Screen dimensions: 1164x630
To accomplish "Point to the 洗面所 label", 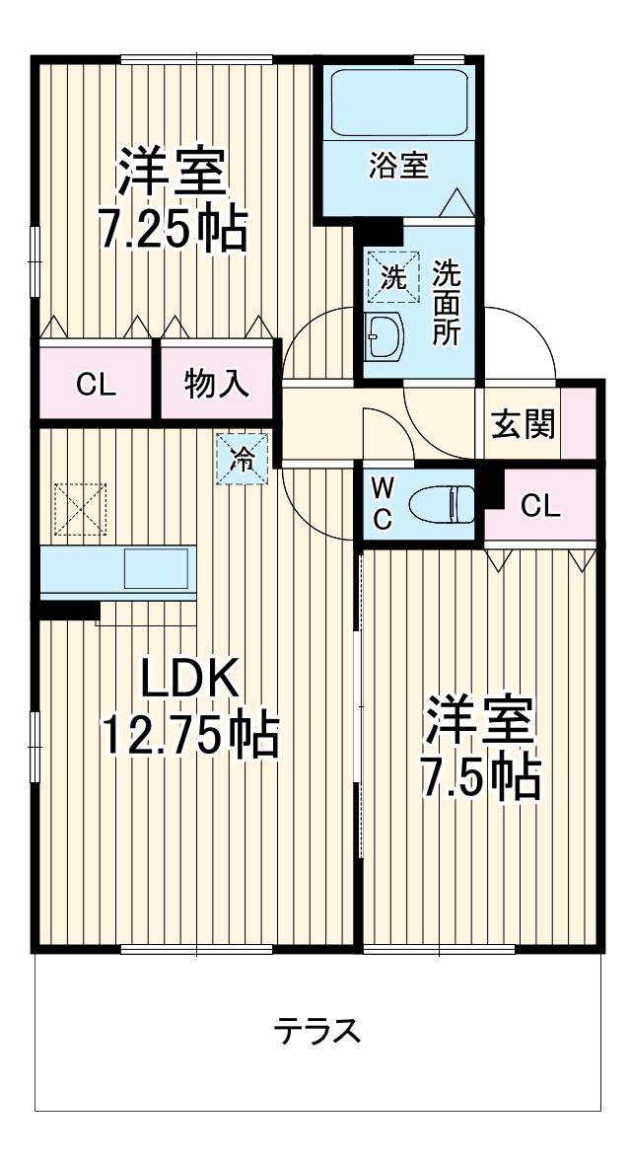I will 447,302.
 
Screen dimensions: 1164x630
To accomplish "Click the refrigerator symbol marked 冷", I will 243,459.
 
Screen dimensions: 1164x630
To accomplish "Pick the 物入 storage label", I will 218,385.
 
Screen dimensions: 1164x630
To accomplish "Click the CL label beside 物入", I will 97,385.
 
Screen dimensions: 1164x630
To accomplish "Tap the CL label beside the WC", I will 540,507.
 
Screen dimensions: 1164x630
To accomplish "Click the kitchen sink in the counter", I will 156,569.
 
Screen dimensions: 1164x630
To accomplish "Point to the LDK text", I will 189,679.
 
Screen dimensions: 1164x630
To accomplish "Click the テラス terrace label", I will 317,1032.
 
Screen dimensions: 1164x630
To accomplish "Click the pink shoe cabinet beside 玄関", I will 580,424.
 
